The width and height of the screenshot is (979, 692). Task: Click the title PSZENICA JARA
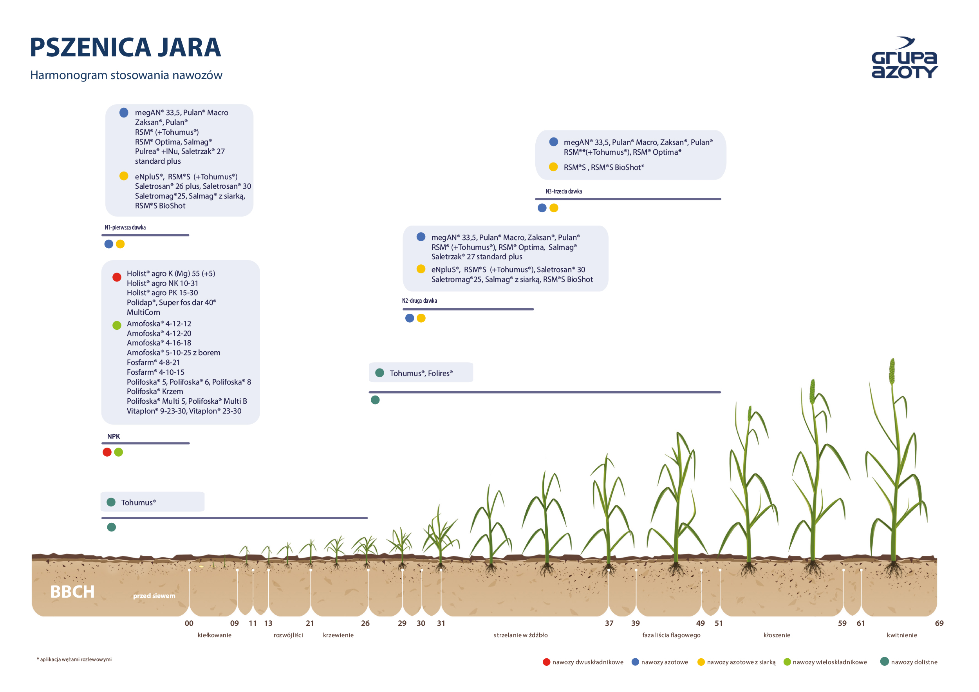pyautogui.click(x=125, y=47)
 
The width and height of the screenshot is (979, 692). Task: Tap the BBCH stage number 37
pyautogui.click(x=609, y=623)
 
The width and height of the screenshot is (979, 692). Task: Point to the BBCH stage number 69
pyautogui.click(x=939, y=623)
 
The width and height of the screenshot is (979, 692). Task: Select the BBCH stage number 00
pyautogui.click(x=189, y=623)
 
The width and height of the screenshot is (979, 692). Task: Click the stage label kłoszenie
pyautogui.click(x=777, y=635)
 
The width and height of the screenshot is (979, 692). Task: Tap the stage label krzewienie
pyautogui.click(x=338, y=635)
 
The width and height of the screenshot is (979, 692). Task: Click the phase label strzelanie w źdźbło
pyautogui.click(x=520, y=635)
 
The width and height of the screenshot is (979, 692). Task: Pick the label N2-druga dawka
pyautogui.click(x=419, y=301)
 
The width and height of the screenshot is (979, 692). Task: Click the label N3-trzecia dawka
pyautogui.click(x=564, y=191)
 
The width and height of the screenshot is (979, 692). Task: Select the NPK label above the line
pyautogui.click(x=114, y=436)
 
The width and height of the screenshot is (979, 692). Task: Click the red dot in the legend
pyautogui.click(x=546, y=662)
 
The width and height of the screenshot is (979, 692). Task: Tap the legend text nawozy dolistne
pyautogui.click(x=914, y=662)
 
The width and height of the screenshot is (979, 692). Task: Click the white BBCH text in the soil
pyautogui.click(x=72, y=592)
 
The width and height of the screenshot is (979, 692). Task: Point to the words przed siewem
pyautogui.click(x=154, y=596)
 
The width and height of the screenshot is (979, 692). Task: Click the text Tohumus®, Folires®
pyautogui.click(x=421, y=373)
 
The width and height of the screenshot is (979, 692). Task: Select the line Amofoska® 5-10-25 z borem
pyautogui.click(x=173, y=352)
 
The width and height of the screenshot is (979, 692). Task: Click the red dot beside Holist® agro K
pyautogui.click(x=117, y=277)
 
